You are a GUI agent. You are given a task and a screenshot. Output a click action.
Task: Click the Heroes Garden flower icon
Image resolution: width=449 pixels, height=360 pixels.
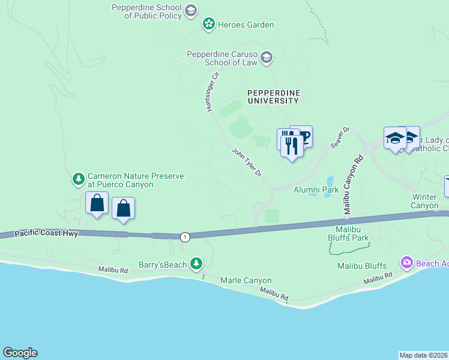[x=208, y=25]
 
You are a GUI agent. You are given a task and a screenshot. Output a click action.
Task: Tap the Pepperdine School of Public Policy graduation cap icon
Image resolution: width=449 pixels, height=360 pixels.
[x=191, y=10]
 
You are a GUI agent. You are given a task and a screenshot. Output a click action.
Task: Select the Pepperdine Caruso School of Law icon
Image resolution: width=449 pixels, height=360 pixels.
[x=267, y=58]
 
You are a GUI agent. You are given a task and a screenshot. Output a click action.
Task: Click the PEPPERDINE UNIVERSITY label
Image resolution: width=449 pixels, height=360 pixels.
[x=273, y=97]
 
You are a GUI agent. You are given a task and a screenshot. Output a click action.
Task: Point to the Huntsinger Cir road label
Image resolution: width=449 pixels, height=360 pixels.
[x=210, y=92]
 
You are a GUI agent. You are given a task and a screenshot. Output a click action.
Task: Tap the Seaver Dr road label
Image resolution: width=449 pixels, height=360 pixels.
[x=340, y=137]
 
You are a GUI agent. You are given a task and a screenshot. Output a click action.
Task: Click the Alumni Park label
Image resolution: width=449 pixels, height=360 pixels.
[x=316, y=190]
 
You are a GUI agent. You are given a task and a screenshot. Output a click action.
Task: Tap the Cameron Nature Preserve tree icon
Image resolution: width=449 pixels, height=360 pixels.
[x=78, y=179]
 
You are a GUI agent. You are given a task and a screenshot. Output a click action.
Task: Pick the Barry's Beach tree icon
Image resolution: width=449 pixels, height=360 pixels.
[x=196, y=263]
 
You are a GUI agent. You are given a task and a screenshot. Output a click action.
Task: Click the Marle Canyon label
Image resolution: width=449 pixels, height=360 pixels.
[x=246, y=280]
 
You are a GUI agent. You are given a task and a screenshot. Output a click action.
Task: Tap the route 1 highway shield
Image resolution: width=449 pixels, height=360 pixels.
[x=185, y=237]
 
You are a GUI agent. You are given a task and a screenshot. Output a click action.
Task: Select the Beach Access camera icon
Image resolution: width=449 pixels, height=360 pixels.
[x=406, y=263]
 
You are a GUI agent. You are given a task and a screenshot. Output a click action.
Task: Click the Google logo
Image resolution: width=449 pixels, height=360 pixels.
[x=20, y=353]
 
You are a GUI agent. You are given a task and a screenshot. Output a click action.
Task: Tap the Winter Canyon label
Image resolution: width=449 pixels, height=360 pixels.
[x=425, y=201]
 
